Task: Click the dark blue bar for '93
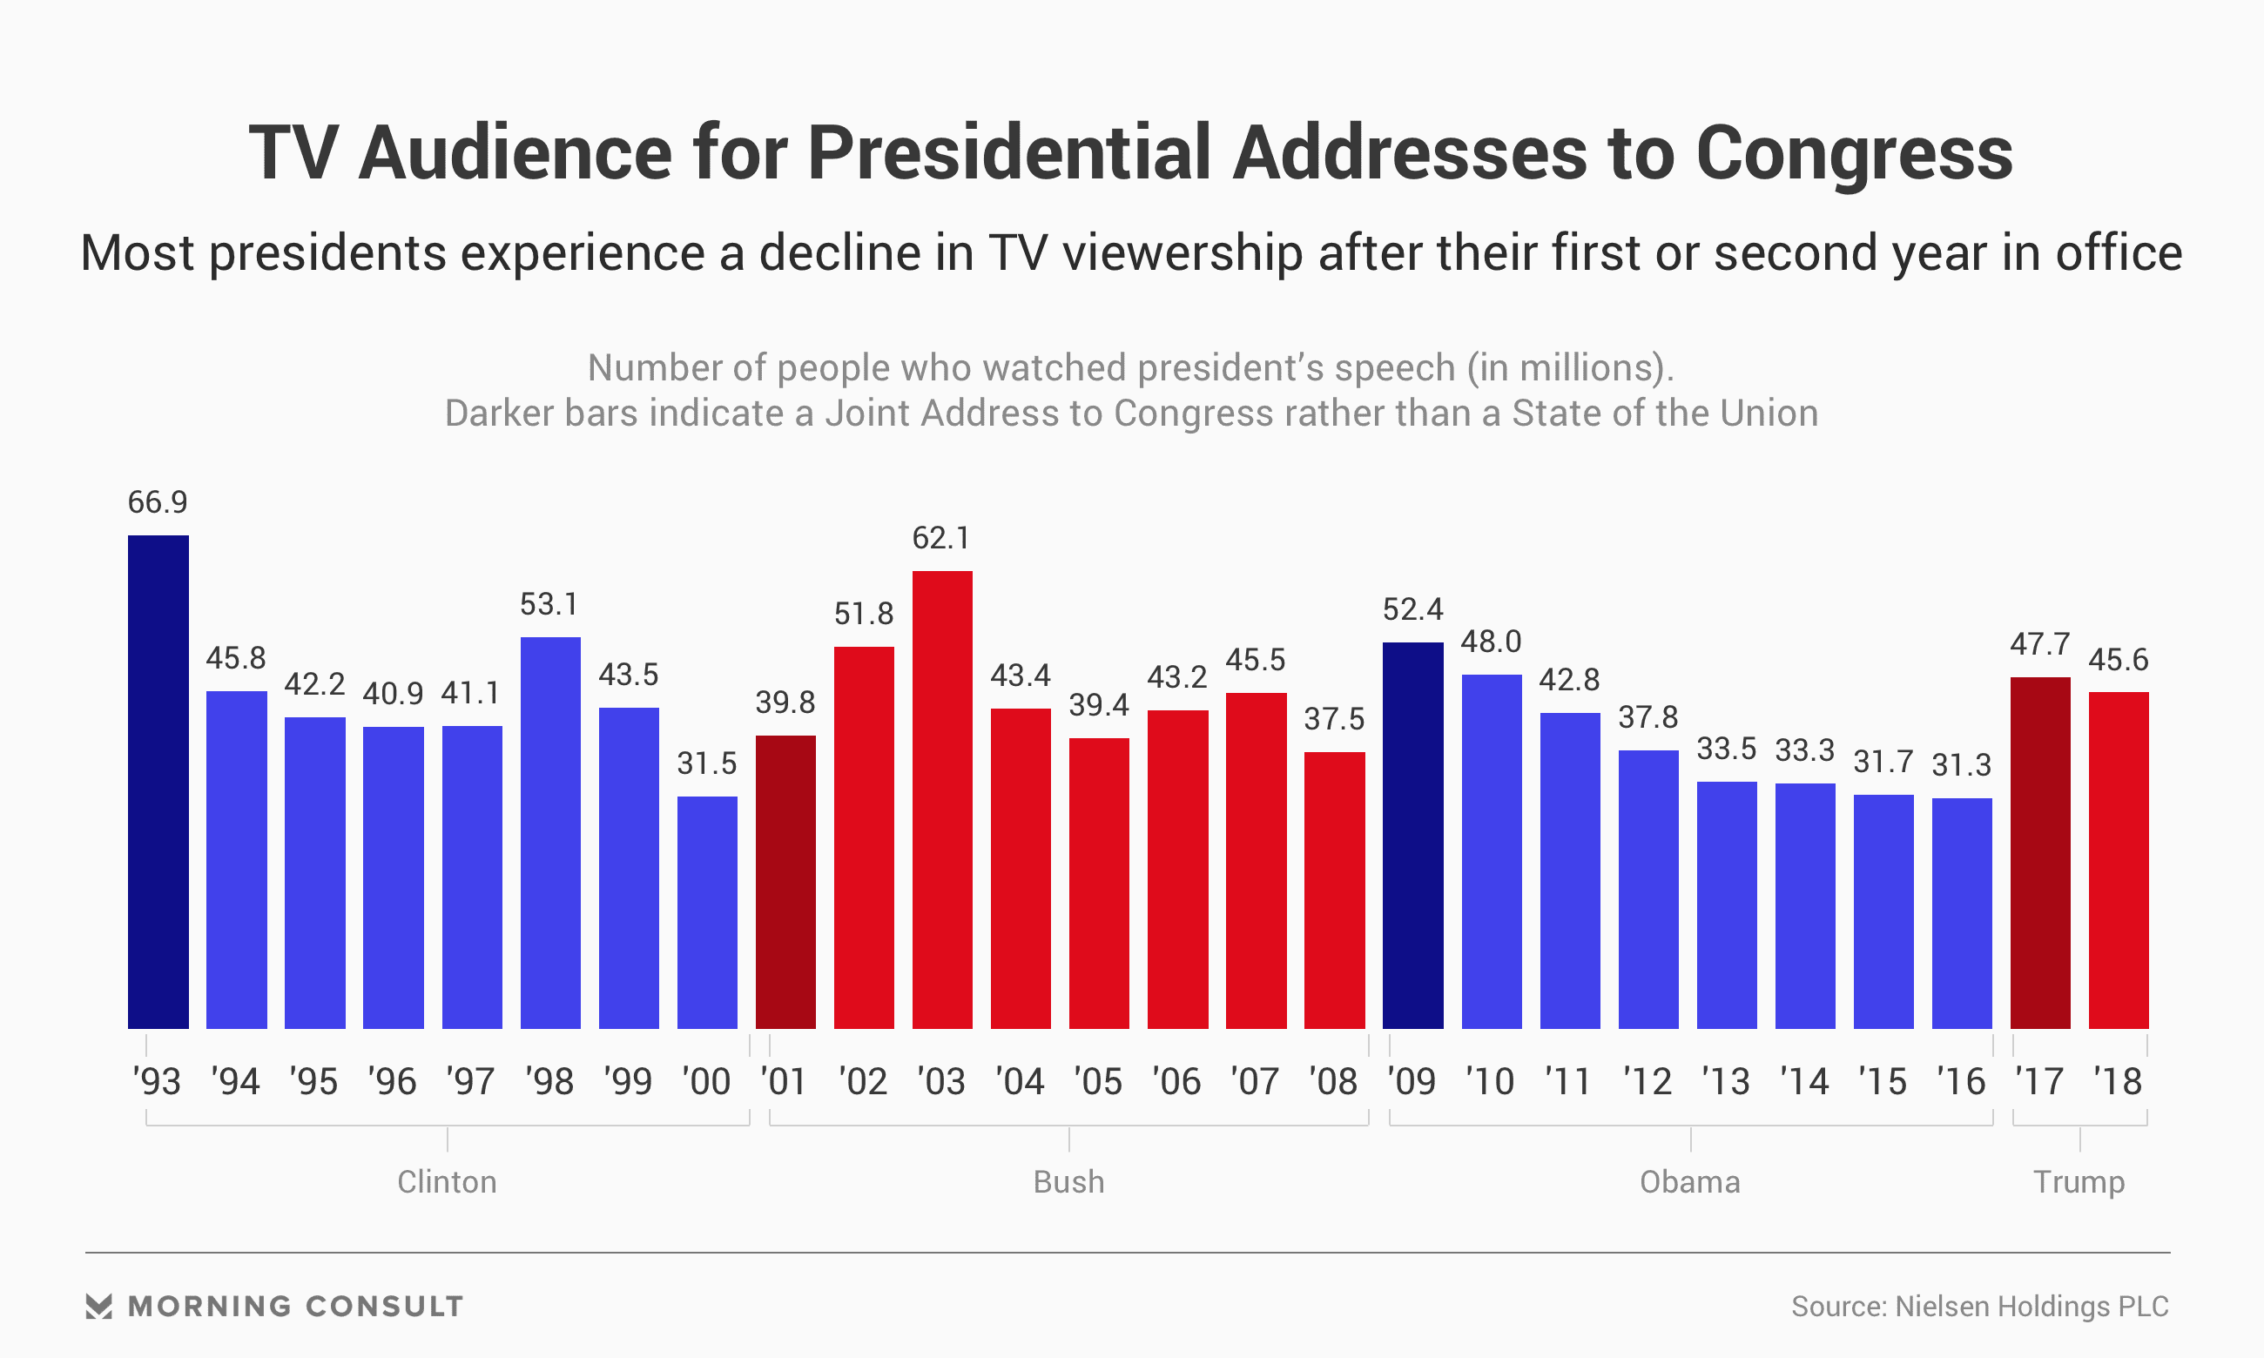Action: (x=158, y=782)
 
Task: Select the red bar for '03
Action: (x=941, y=800)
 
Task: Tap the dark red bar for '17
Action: (x=2040, y=853)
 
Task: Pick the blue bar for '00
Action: (x=707, y=912)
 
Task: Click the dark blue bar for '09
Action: (x=1412, y=836)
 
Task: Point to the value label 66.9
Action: (x=158, y=502)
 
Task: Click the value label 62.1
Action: (x=940, y=538)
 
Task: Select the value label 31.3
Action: (x=1961, y=765)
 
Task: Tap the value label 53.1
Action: (x=549, y=605)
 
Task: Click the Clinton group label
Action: (x=447, y=1182)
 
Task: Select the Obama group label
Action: (x=1689, y=1182)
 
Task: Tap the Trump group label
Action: (x=2079, y=1182)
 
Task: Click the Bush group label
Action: (x=1068, y=1182)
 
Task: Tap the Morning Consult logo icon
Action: (x=99, y=1306)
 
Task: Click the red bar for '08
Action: (x=1333, y=891)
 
